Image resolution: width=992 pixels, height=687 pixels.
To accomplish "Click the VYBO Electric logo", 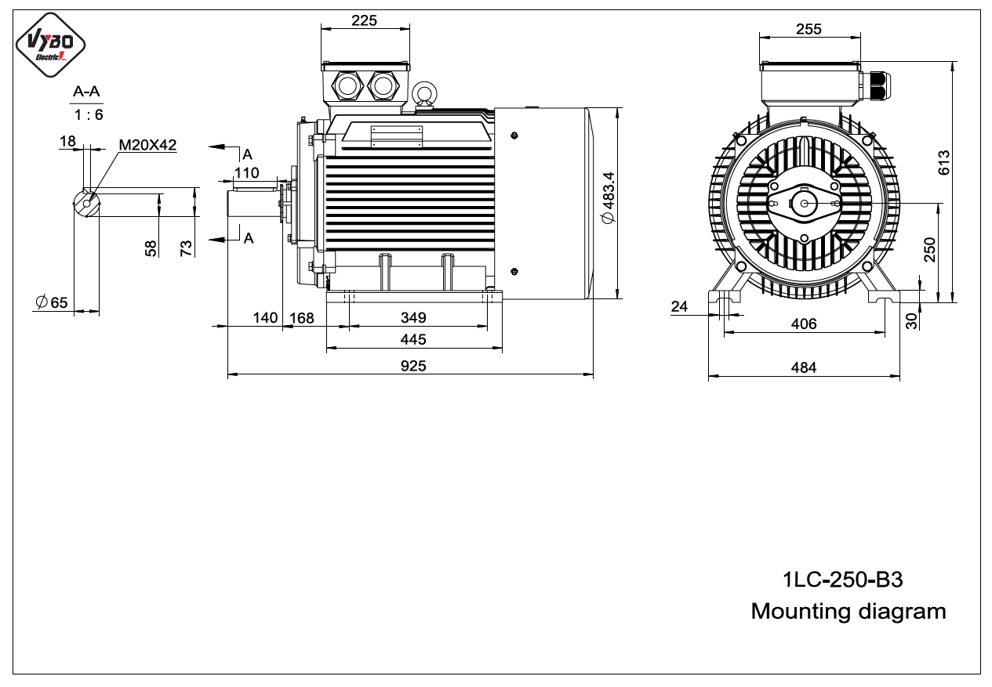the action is (x=50, y=45).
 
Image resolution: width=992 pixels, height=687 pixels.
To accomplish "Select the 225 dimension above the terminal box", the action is (x=364, y=20).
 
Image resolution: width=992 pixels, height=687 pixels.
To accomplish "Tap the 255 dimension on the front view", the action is (x=808, y=29).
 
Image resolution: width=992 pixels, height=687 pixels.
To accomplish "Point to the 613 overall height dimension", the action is (x=943, y=162).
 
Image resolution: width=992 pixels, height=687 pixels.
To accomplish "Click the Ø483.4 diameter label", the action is (x=609, y=197).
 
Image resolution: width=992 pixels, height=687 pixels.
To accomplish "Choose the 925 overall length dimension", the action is (x=413, y=366).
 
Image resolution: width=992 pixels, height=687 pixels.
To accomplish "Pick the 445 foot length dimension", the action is (x=413, y=339).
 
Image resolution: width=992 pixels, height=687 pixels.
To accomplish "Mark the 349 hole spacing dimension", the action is (x=413, y=317).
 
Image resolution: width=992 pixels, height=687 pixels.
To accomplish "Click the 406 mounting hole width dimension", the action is (x=804, y=324).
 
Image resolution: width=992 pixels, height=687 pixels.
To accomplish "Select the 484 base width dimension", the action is (x=804, y=367).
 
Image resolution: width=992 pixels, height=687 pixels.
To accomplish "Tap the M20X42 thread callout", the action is (x=147, y=145).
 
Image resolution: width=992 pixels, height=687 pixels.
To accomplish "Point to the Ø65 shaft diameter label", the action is (x=52, y=302).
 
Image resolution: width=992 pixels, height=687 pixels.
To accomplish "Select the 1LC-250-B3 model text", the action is (x=843, y=580).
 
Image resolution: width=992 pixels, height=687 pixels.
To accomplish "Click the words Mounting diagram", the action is (x=848, y=612).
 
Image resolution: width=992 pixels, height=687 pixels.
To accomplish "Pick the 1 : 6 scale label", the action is (x=89, y=115).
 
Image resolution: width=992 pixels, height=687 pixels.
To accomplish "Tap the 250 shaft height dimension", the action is (x=930, y=250).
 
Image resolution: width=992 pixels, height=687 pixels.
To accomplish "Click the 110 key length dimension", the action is (x=246, y=172).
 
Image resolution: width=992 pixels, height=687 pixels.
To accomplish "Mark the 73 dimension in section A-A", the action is (x=187, y=248).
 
